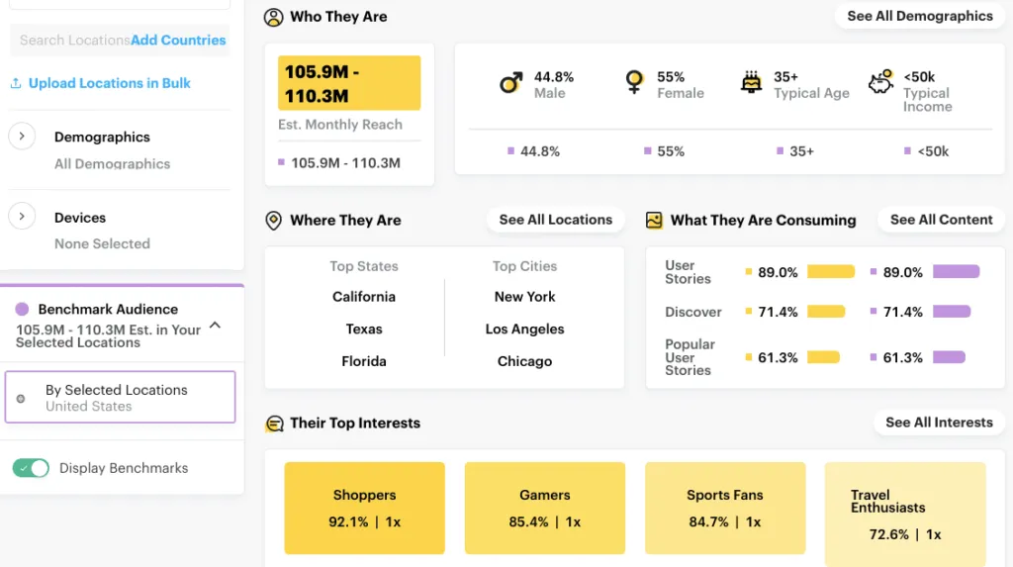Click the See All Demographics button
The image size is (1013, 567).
tap(920, 17)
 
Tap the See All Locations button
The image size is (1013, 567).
tap(555, 220)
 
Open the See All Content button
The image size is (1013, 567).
tap(941, 220)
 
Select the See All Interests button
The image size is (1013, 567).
tap(939, 423)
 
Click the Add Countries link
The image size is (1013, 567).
tap(178, 41)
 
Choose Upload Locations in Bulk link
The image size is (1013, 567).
tap(109, 83)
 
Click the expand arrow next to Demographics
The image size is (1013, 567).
tap(22, 137)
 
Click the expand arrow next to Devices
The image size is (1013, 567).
tap(22, 217)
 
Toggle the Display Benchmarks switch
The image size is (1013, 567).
tap(31, 468)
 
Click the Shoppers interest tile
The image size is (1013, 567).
tap(364, 508)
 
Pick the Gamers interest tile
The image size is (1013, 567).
tap(544, 508)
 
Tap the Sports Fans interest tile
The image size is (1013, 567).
tap(725, 508)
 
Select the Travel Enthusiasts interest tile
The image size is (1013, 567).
tap(905, 508)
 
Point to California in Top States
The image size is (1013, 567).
tap(364, 297)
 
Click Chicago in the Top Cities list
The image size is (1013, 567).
tap(524, 361)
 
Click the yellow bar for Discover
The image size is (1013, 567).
tap(826, 312)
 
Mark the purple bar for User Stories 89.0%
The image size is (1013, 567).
tap(956, 272)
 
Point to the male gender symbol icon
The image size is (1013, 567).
tap(510, 83)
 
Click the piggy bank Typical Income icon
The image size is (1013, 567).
tap(880, 83)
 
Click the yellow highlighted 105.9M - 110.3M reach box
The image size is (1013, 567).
tap(349, 83)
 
